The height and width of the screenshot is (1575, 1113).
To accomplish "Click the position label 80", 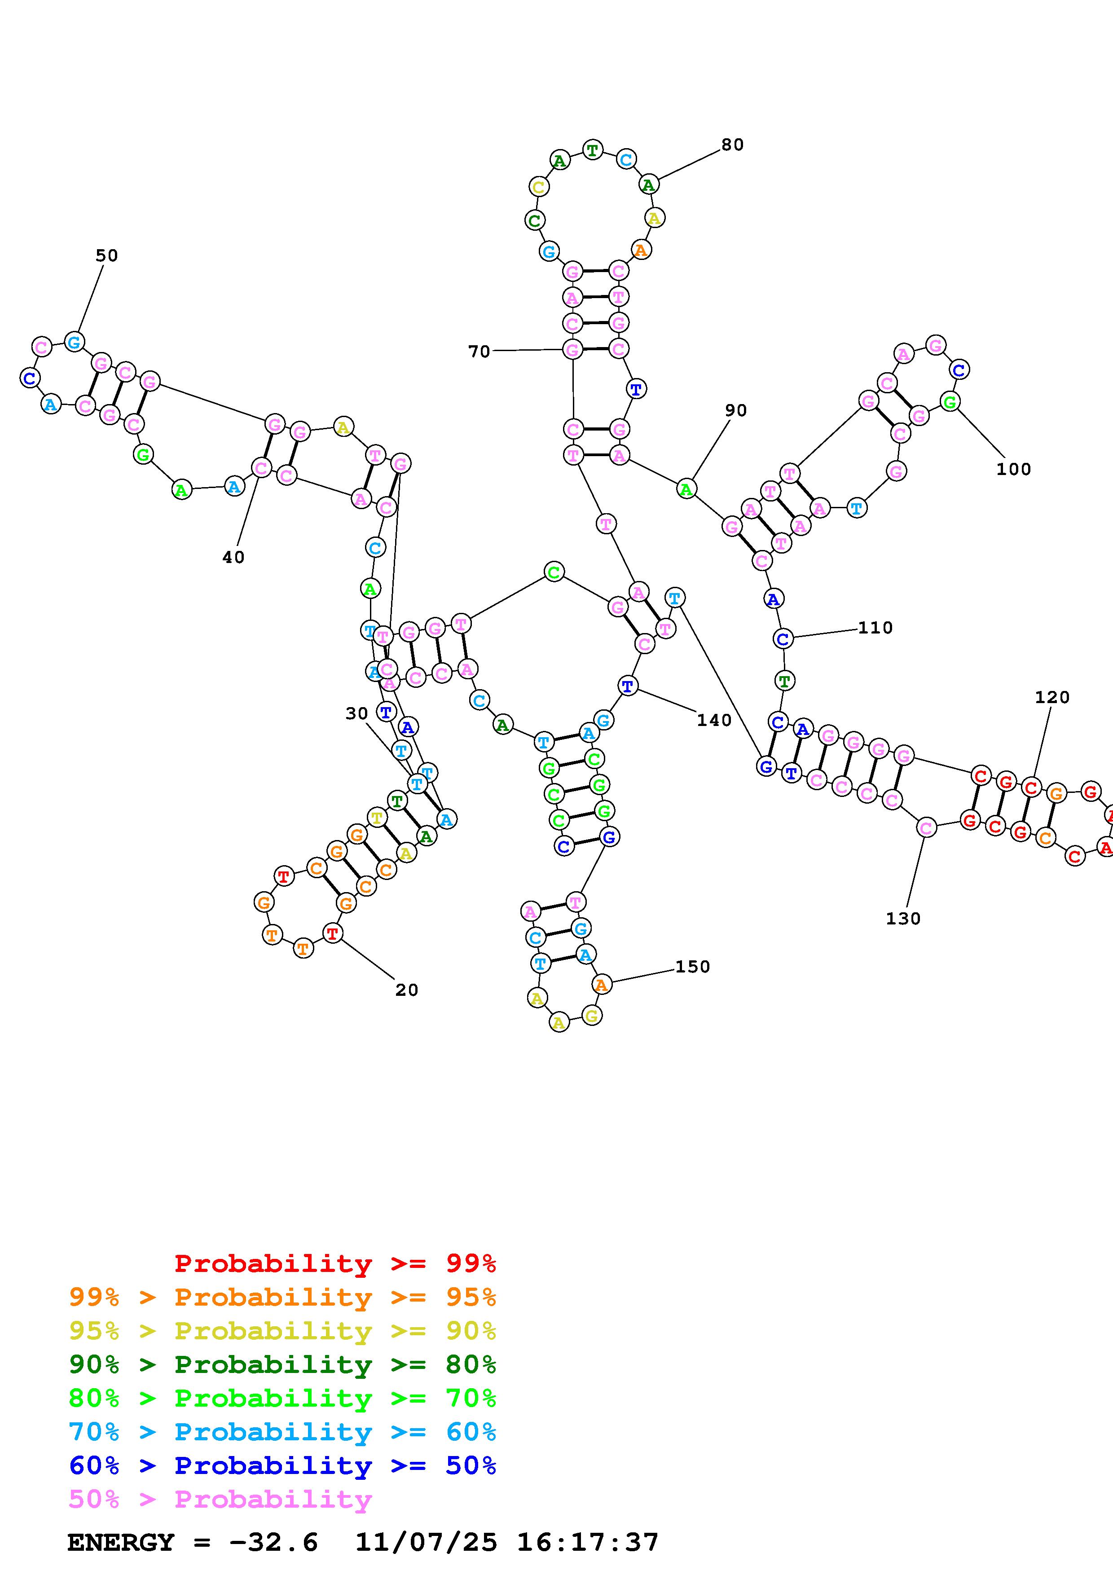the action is pos(732,145).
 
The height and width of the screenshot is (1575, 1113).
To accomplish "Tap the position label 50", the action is pos(106,256).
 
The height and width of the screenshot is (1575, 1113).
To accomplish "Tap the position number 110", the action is pos(875,628).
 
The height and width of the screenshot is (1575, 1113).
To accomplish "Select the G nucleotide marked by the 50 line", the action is pos(74,341).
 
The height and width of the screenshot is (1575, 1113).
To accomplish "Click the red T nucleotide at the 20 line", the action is pos(333,933).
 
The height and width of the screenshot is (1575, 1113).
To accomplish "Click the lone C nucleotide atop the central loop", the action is pos(554,572).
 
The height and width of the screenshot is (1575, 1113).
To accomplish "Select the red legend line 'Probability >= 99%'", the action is pos(335,1263).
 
